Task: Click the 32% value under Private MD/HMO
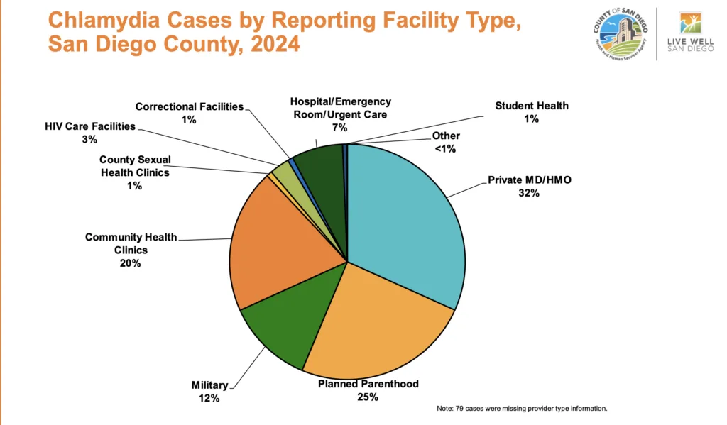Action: (529, 193)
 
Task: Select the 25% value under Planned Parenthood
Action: (368, 397)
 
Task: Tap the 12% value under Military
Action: (209, 399)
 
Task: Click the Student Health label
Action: (532, 106)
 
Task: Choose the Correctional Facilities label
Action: (189, 106)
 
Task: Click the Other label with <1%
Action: (446, 136)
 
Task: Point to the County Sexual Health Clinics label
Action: (135, 166)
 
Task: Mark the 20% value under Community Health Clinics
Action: (131, 263)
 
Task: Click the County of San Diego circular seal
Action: (621, 34)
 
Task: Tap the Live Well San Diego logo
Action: (689, 34)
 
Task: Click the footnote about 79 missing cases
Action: (522, 409)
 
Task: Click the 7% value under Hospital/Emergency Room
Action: (339, 128)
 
